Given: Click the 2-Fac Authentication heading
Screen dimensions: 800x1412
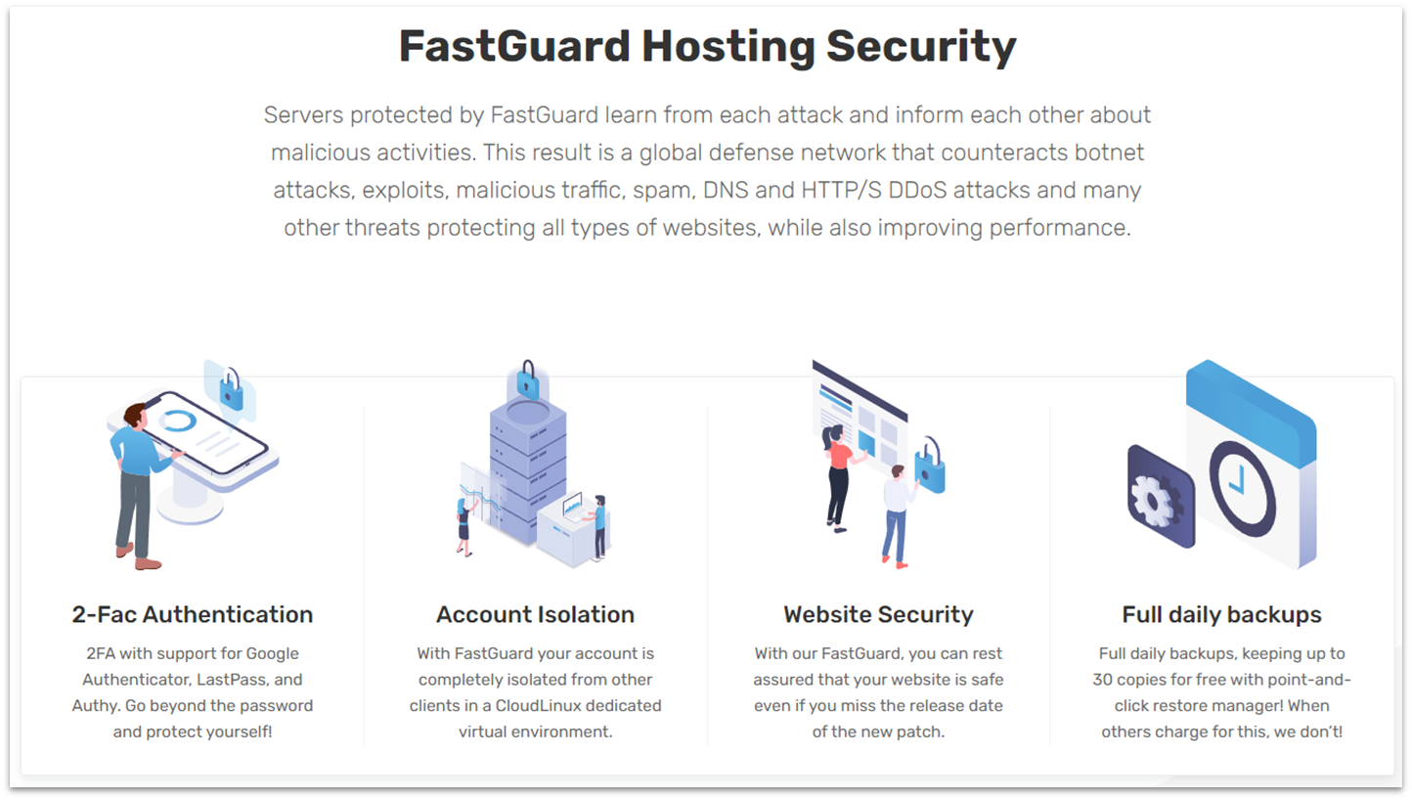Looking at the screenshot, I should coord(193,614).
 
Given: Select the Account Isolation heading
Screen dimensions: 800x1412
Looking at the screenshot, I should coord(535,614).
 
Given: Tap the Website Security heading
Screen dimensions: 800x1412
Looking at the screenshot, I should coord(878,614).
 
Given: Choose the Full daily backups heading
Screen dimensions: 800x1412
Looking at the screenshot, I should coord(1221,614).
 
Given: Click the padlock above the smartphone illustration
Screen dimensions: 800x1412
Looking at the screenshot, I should coord(231,389).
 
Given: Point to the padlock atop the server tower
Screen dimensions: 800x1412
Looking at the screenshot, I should coord(528,378).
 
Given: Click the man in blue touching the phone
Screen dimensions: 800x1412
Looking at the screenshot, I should coord(136,479).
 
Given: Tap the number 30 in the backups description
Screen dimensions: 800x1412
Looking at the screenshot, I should coord(1105,679).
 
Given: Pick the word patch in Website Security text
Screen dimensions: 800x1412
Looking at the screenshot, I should coord(923,731).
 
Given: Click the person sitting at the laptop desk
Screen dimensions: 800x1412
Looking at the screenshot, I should coord(598,523).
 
